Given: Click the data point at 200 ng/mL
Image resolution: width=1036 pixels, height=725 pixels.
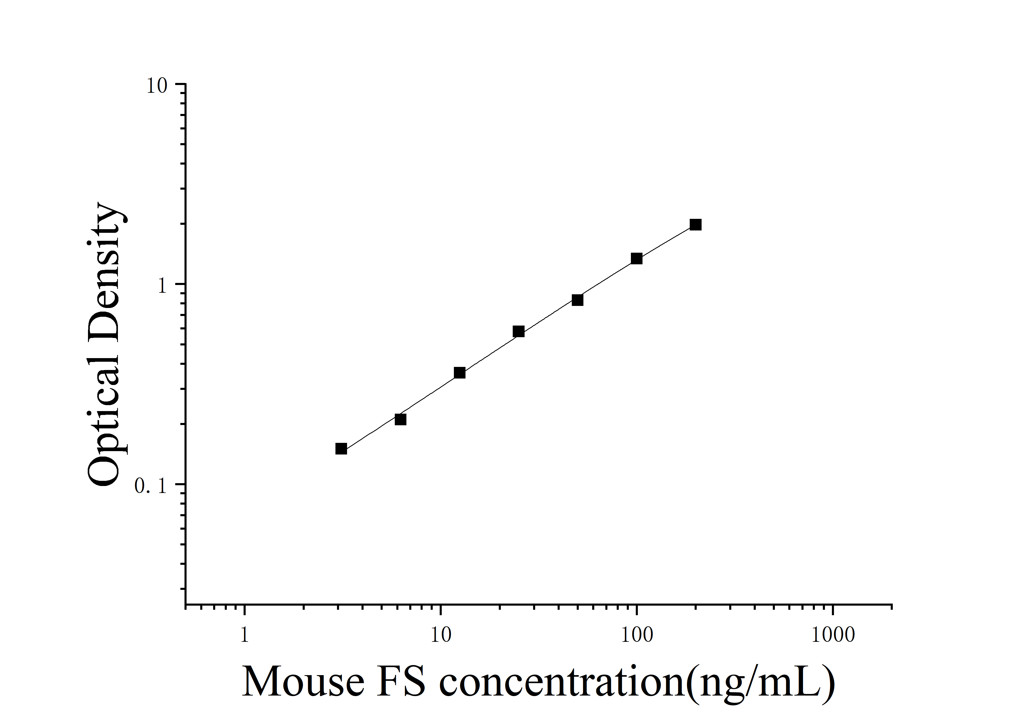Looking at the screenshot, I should pos(695,225).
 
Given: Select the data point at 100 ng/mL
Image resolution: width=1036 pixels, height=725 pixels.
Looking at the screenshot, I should pos(636,258).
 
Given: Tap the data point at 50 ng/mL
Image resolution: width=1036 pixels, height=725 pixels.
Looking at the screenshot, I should pos(577,300).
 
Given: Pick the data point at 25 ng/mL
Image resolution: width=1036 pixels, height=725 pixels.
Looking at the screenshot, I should pos(518,331).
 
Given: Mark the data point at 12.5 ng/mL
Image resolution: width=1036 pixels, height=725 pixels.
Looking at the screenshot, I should pos(459,373).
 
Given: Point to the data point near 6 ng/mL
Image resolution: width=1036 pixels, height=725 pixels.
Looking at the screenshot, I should pos(400,419).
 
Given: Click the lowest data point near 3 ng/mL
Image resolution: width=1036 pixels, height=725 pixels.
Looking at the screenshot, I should pos(341,449).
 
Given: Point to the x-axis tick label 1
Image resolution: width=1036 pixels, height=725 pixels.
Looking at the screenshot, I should pos(244,635).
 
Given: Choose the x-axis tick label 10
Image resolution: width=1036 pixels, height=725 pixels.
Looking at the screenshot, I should pos(440,635).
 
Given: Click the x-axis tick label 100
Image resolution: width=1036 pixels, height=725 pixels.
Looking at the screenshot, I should pos(637,635).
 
